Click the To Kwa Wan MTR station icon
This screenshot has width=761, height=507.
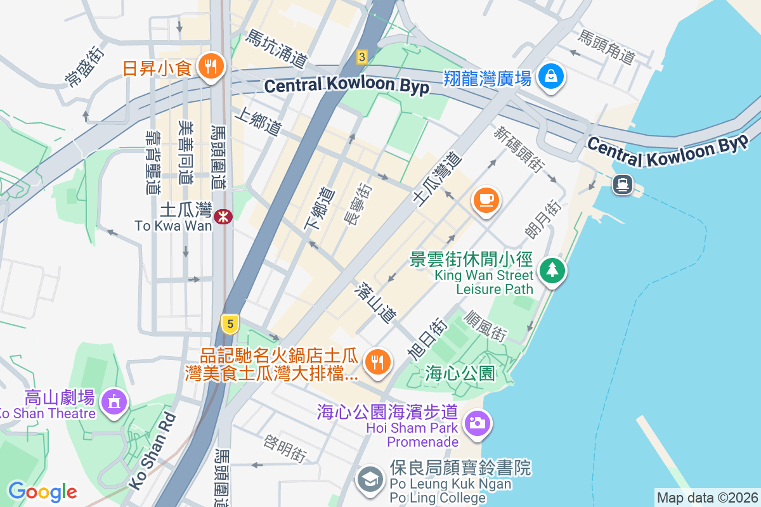point(223,217)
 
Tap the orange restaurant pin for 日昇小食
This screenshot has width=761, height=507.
point(208,65)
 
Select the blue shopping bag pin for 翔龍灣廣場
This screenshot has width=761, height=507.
point(551,77)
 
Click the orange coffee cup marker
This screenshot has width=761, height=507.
point(486,200)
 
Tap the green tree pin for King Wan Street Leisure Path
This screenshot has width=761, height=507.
point(552,271)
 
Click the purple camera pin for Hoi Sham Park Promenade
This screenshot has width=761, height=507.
point(478,422)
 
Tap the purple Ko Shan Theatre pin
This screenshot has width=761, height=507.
point(114,401)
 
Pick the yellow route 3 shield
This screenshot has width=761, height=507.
point(361,57)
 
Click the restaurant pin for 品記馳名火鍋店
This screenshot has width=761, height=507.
point(379,362)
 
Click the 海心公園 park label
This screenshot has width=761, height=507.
point(460,373)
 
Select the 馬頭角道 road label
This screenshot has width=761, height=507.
point(605,47)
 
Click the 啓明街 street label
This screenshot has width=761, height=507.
point(285,447)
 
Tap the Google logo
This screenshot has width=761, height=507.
point(42,491)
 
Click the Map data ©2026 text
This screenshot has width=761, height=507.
point(706,497)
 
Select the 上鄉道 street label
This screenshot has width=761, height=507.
point(257,121)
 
